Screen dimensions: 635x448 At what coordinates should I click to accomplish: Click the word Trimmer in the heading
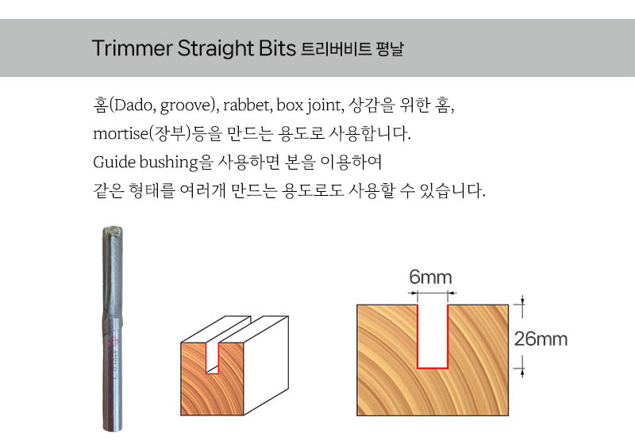click(x=133, y=48)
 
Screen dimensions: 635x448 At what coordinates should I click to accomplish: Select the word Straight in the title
click(x=216, y=49)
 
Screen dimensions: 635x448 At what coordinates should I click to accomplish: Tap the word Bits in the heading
click(x=277, y=48)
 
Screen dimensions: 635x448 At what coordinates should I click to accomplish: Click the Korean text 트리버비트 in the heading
click(x=336, y=49)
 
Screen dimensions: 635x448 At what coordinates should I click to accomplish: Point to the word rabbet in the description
click(x=247, y=105)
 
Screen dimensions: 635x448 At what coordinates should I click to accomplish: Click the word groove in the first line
click(x=185, y=106)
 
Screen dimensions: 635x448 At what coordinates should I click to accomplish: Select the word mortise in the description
click(x=121, y=133)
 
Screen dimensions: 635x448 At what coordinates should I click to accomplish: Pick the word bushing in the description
click(x=168, y=163)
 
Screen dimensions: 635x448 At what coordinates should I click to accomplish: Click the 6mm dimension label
click(x=430, y=278)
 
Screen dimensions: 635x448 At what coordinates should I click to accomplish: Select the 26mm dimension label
click(x=541, y=339)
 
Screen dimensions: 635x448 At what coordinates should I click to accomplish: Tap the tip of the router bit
click(x=112, y=229)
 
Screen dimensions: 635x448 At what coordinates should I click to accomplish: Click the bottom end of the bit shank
click(x=113, y=429)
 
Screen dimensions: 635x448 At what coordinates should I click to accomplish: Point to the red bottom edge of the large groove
click(x=433, y=368)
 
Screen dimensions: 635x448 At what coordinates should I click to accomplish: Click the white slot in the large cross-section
click(x=433, y=336)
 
